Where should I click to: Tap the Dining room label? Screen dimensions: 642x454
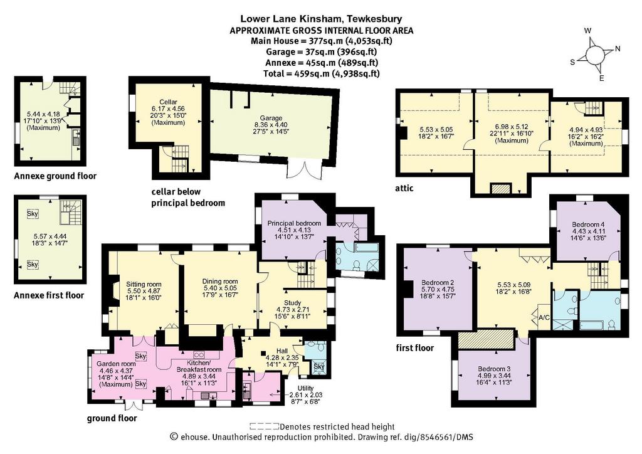[x=220, y=282]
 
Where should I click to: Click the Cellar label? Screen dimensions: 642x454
[x=168, y=102]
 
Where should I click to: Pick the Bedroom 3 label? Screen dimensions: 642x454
[x=494, y=369]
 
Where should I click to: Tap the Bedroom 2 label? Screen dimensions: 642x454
[x=438, y=282]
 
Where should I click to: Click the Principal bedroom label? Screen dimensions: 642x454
[x=294, y=223]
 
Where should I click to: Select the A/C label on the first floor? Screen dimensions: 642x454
[x=544, y=317]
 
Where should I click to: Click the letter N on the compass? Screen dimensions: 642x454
[x=618, y=49]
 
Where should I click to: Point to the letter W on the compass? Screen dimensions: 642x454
[x=588, y=31]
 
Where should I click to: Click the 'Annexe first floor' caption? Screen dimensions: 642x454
[x=49, y=295]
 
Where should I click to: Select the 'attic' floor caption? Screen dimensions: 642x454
[x=404, y=188]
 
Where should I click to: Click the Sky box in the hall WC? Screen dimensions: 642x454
[x=319, y=366]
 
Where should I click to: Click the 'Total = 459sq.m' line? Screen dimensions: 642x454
[x=322, y=74]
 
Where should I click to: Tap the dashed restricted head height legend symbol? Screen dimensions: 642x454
[x=265, y=426]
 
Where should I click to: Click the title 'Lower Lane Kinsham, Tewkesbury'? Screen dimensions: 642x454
[x=321, y=18]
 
